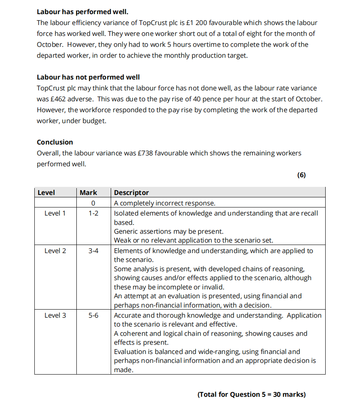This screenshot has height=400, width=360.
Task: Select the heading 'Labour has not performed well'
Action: coord(88,77)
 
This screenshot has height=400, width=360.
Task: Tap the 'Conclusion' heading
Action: coord(55,142)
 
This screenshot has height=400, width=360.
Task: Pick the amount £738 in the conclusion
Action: coord(145,153)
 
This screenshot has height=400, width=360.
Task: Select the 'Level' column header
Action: coord(46,193)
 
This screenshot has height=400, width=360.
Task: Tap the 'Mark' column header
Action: coord(88,193)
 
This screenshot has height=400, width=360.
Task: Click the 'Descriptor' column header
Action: coord(131,193)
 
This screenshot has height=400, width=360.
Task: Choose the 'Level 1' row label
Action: coord(55,213)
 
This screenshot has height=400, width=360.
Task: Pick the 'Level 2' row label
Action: coord(55,251)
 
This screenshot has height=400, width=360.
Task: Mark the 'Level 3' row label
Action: coord(55,315)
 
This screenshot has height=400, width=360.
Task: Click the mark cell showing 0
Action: coord(93,203)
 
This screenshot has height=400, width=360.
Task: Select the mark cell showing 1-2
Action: coord(93,213)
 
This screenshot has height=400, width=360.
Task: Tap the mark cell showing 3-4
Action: coord(93,251)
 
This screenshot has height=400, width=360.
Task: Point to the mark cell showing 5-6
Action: coord(93,315)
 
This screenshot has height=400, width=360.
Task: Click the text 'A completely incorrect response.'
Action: coord(165,203)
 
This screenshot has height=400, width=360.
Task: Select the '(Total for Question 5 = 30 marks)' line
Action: coord(251,394)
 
